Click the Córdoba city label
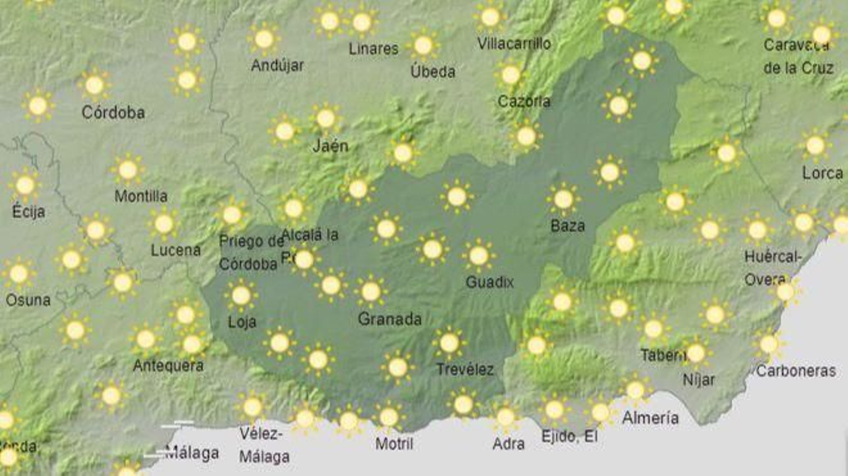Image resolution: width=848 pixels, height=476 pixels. (113, 112)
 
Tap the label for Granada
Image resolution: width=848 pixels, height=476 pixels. (390, 319)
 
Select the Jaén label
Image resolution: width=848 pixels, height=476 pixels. (330, 146)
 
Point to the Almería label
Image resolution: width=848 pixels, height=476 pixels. (650, 418)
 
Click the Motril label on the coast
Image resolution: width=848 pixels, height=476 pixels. (394, 443)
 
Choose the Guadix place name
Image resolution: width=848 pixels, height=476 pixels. (490, 282)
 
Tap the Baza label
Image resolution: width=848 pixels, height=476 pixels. (568, 226)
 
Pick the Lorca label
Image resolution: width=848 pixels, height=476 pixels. (822, 173)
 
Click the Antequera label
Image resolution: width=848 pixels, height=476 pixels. (168, 365)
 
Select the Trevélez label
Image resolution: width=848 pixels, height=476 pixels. (465, 369)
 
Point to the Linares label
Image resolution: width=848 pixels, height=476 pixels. (373, 49)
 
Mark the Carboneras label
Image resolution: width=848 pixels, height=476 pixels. (796, 371)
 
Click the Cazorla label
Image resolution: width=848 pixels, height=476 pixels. (524, 101)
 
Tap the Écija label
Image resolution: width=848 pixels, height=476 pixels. (29, 211)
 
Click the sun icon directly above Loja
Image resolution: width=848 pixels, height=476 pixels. (241, 295)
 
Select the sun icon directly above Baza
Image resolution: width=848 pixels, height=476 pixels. (563, 199)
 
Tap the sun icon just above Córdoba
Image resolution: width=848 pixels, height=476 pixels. (94, 85)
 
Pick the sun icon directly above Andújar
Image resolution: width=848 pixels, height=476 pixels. (264, 39)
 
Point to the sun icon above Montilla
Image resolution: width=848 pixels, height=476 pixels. (128, 170)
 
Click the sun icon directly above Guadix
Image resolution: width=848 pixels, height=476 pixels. (478, 256)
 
